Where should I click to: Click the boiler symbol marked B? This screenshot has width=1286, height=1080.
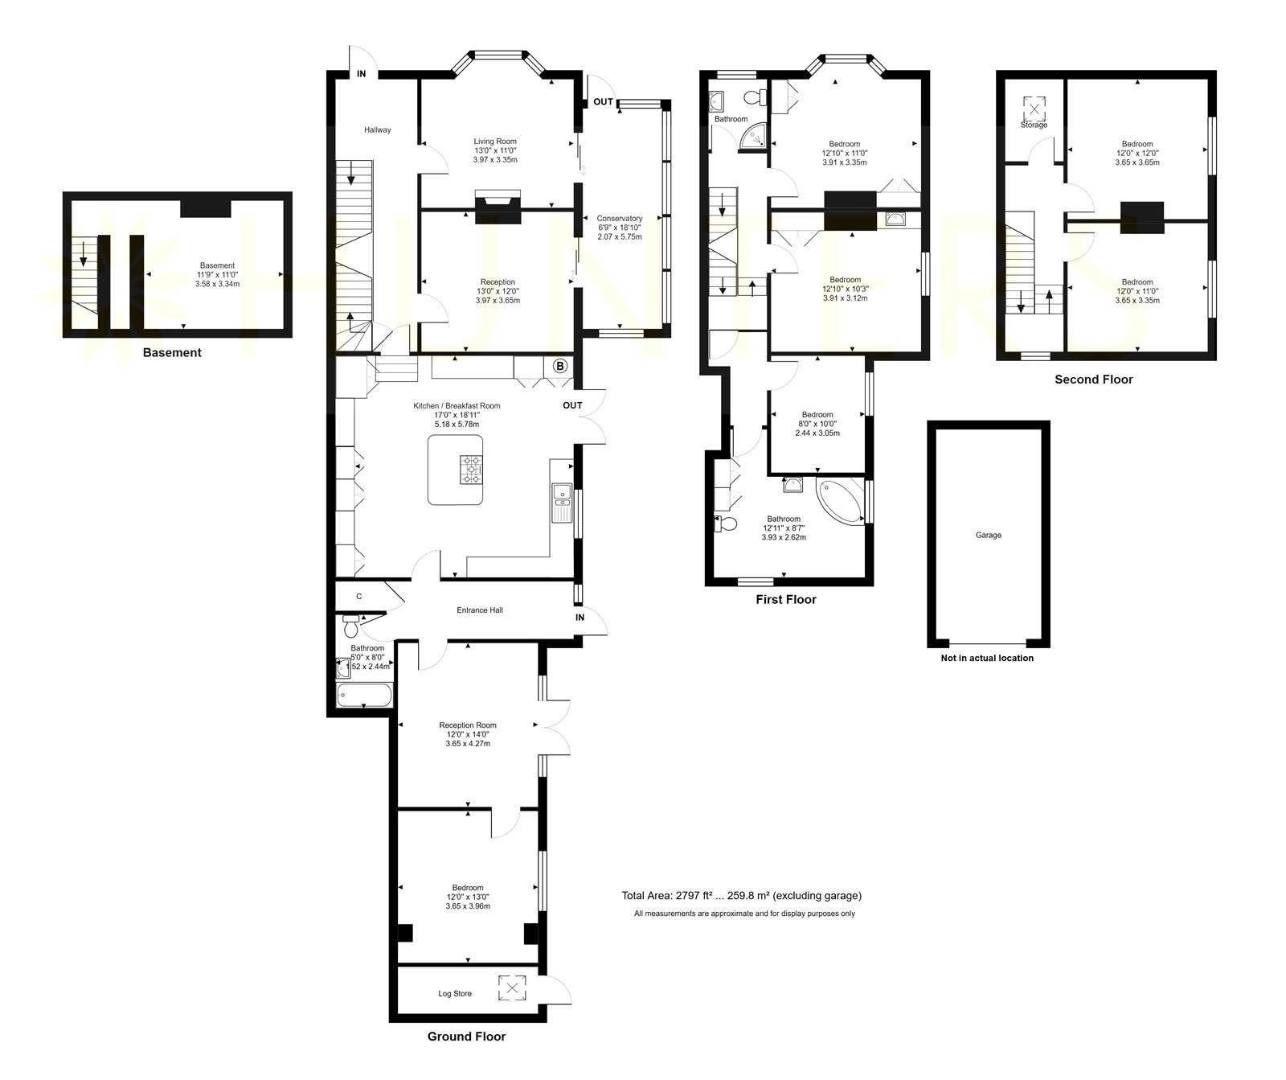coord(560,367)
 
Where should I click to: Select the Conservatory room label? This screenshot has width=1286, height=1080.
coord(620,218)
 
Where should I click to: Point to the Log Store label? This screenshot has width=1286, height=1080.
coord(455,993)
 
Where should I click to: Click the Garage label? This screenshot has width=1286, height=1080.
coord(989,535)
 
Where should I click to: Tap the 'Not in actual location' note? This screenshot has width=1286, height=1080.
coord(987,658)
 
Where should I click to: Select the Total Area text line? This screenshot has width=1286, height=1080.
coord(741,896)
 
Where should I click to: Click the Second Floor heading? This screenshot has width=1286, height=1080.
coord(1094,380)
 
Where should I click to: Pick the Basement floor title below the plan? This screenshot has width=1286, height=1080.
coord(172,352)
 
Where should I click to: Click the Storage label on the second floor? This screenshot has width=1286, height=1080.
coord(1034,125)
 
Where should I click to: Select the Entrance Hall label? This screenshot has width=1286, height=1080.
coord(480,610)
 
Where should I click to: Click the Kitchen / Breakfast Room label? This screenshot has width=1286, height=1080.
coord(457,406)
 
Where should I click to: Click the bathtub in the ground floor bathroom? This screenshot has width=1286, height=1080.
coord(364,696)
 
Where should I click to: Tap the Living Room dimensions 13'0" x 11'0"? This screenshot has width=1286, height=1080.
coord(495,150)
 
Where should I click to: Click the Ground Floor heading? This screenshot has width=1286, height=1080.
coord(466,1037)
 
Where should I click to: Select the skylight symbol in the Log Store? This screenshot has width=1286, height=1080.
coord(510,988)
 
